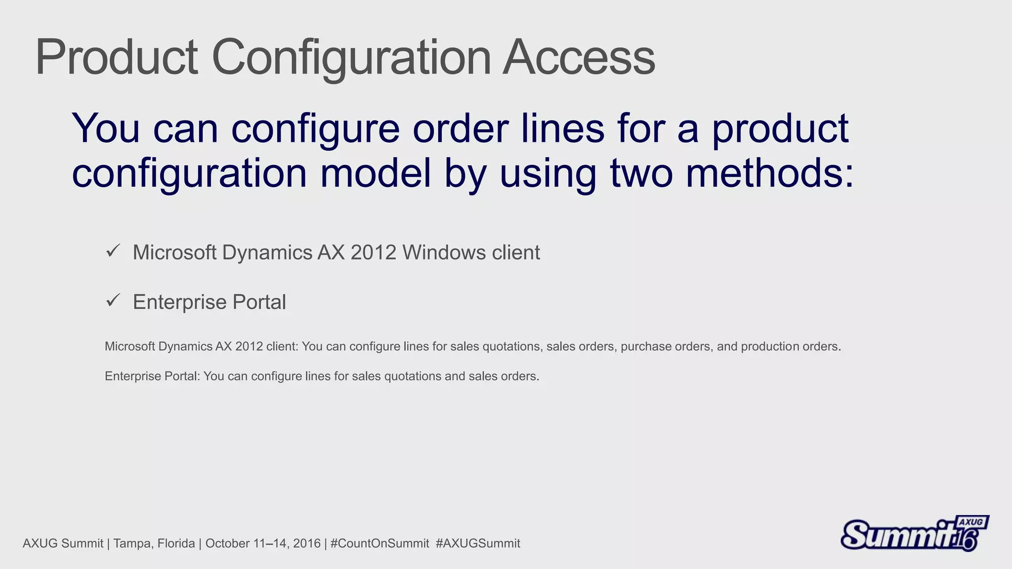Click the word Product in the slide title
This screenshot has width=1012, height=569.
(117, 58)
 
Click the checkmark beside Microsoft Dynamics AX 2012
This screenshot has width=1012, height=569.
(113, 251)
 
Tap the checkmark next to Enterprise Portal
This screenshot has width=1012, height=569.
(113, 300)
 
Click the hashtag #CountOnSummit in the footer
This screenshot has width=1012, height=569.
(379, 543)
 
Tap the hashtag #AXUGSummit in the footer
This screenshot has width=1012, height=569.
(478, 543)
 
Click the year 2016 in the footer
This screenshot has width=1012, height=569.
(306, 543)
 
